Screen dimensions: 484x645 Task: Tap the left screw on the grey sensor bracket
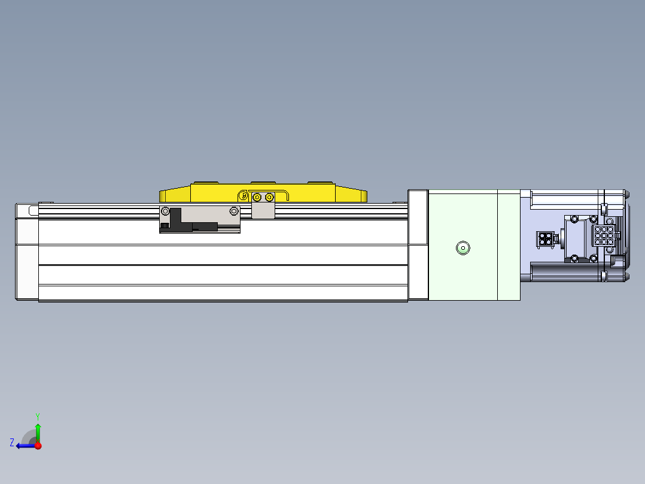coord(165,210)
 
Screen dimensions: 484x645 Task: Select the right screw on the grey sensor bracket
coord(234,210)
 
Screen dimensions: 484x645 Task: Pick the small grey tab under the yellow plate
coord(263,211)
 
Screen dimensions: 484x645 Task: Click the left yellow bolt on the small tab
coord(257,197)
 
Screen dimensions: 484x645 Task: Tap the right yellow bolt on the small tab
coord(269,197)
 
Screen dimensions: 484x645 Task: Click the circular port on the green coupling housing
coord(463,247)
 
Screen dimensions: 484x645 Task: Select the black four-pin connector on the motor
coord(545,240)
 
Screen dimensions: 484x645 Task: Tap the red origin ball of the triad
coord(38,446)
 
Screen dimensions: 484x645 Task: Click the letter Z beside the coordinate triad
coord(12,443)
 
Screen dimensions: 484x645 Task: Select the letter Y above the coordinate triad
coord(37,416)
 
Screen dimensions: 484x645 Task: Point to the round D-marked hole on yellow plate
coord(243,196)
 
